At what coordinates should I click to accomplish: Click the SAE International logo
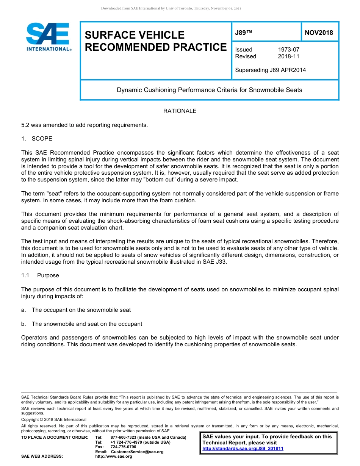coord(48,37)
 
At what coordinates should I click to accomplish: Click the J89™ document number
coord(243,33)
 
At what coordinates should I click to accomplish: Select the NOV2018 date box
coord(319,33)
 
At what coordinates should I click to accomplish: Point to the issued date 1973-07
coord(288,50)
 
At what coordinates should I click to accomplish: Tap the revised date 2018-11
coord(288,56)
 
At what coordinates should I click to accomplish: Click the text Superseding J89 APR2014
coord(270,70)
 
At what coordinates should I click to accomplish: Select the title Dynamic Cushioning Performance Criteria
coord(209,90)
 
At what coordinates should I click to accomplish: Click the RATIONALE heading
coord(180,111)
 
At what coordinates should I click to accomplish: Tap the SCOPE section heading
coord(42,139)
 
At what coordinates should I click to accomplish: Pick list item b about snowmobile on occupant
coord(87,324)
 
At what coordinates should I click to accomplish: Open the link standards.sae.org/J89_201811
coord(243,449)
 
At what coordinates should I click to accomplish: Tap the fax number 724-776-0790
coord(123,447)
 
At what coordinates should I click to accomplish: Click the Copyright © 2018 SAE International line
coord(54,419)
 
